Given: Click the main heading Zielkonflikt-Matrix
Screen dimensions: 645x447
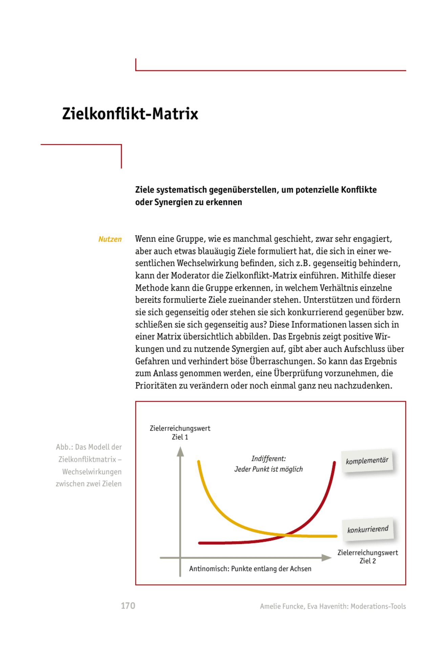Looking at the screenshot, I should coord(130,114).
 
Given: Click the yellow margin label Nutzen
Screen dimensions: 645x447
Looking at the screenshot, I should coord(110,239).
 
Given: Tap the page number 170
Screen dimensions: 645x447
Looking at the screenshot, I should coord(128,606).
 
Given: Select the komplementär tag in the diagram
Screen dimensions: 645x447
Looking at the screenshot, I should coord(367,461).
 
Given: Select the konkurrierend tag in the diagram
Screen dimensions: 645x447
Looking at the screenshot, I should coord(368,529).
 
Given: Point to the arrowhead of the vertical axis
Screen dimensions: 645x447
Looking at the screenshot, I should coord(180,451).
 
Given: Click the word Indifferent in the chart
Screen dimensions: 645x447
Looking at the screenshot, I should coord(268,459).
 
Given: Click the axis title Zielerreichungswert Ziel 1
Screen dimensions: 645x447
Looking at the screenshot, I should coord(180,433).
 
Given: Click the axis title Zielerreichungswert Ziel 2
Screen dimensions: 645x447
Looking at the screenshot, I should coord(367,557).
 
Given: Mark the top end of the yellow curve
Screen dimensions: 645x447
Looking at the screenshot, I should coord(198,461).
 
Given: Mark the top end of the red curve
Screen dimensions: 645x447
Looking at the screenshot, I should coord(335,462).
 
